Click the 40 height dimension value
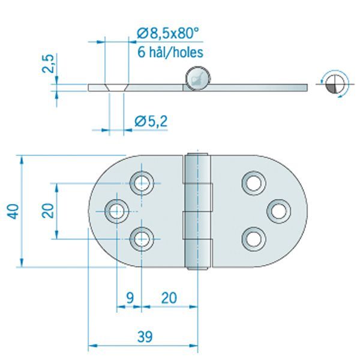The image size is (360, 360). pyautogui.click(x=14, y=211)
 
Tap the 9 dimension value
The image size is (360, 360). pyautogui.click(x=129, y=297)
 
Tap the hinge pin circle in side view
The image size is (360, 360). pyautogui.click(x=197, y=79)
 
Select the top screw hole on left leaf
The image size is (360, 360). pyautogui.click(x=143, y=182)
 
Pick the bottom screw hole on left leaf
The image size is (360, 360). pyautogui.click(x=143, y=239)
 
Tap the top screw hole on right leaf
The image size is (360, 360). pyautogui.click(x=253, y=182)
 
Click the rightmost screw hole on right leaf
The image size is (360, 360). pyautogui.click(x=279, y=211)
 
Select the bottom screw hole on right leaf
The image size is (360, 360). pyautogui.click(x=253, y=239)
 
